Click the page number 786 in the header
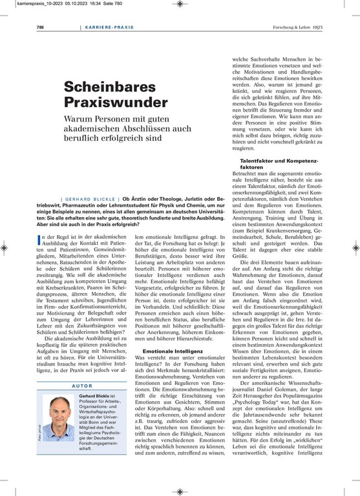[x=39, y=28]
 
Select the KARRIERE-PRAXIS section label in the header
[x=108, y=28]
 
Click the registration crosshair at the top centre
[x=179, y=4]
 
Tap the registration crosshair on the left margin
[x=5, y=247]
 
